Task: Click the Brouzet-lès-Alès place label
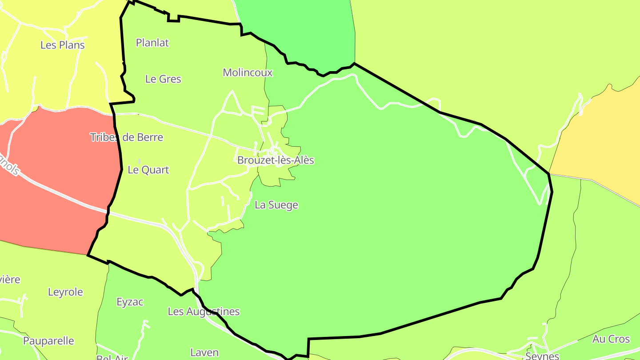pyautogui.click(x=276, y=160)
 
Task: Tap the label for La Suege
pyautogui.click(x=276, y=205)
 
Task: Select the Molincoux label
pyautogui.click(x=248, y=72)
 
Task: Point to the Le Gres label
pyautogui.click(x=163, y=79)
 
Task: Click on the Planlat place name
pyautogui.click(x=152, y=43)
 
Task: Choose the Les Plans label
pyautogui.click(x=62, y=45)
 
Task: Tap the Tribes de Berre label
pyautogui.click(x=127, y=137)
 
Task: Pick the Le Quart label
pyautogui.click(x=148, y=170)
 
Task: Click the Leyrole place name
pyautogui.click(x=65, y=292)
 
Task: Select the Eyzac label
pyautogui.click(x=130, y=302)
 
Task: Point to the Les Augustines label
pyautogui.click(x=204, y=312)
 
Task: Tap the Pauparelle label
pyautogui.click(x=48, y=341)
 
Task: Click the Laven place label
pyautogui.click(x=204, y=352)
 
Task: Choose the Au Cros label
pyautogui.click(x=611, y=339)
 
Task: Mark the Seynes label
pyautogui.click(x=542, y=356)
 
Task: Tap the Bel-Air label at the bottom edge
pyautogui.click(x=112, y=357)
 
